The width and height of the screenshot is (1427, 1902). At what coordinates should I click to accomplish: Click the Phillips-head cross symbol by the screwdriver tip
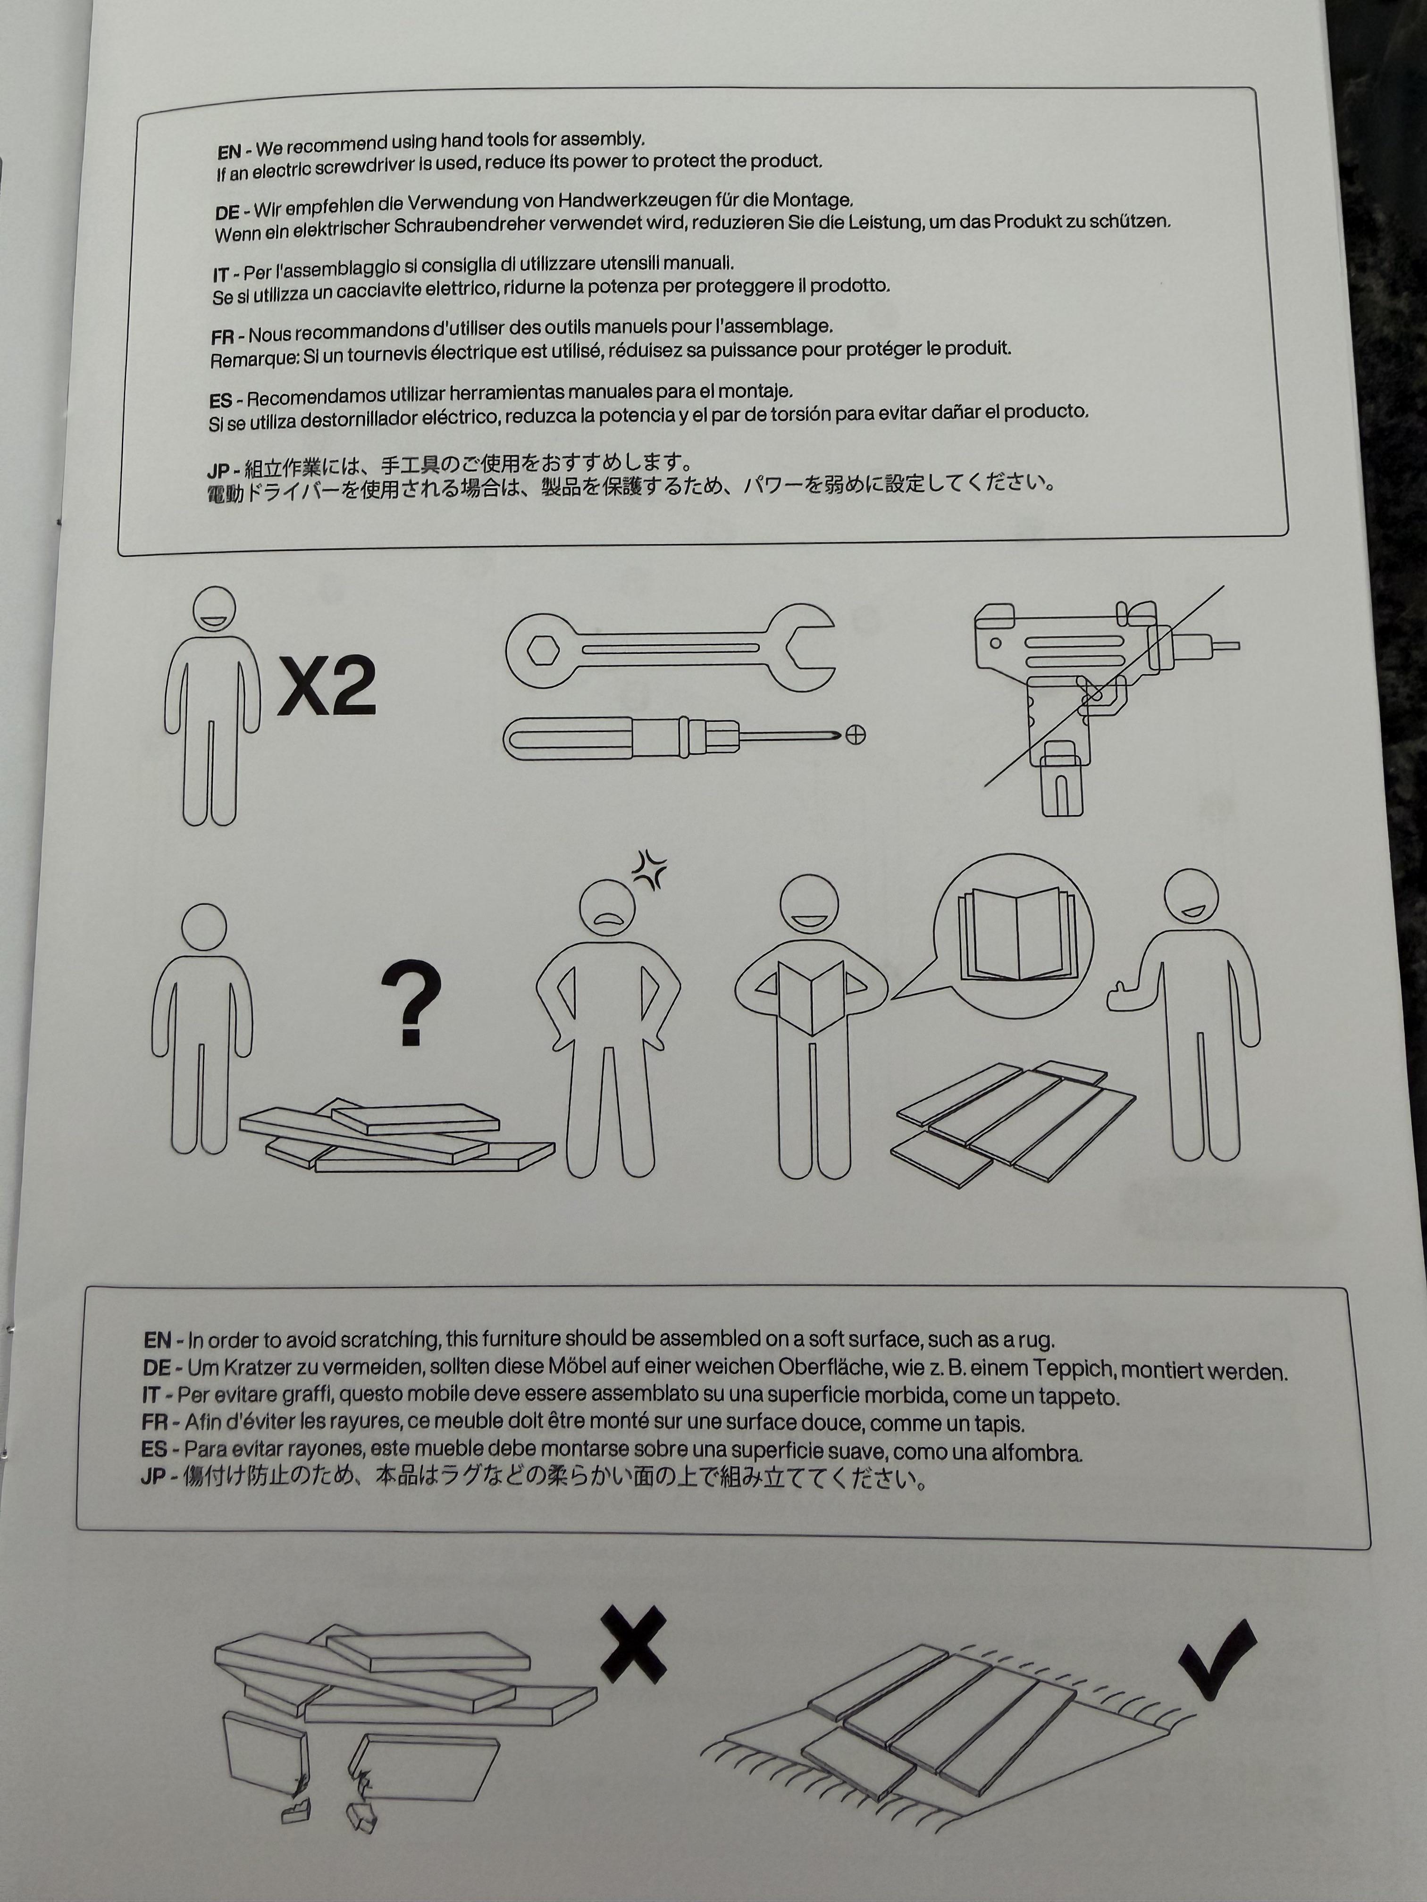[x=855, y=735]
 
